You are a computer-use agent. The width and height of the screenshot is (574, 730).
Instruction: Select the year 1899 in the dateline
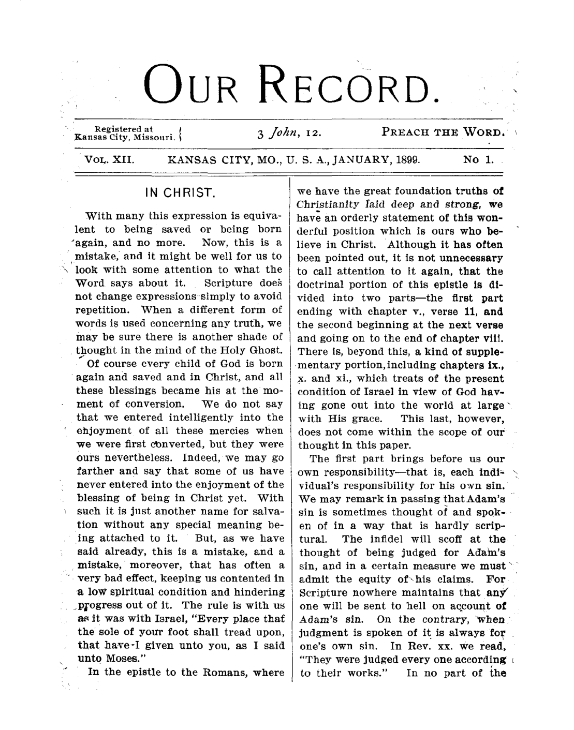[408, 160]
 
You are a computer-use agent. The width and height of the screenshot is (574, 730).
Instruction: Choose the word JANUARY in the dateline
[366, 160]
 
